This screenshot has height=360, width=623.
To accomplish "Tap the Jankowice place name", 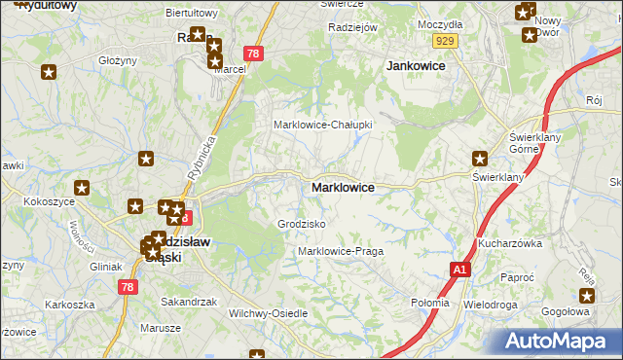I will click(x=416, y=66).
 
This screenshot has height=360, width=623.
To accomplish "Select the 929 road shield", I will click(x=446, y=40).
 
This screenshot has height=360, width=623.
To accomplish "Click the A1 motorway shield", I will click(x=458, y=269).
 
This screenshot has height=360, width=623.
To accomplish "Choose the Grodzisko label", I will click(x=301, y=224).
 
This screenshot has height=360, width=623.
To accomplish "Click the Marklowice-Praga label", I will click(x=340, y=251).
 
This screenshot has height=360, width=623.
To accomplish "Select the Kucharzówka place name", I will click(x=509, y=243).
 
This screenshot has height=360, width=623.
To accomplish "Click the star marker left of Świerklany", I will click(x=479, y=159).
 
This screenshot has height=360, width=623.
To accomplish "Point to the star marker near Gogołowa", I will click(x=587, y=297).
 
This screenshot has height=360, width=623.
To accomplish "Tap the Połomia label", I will click(x=430, y=303).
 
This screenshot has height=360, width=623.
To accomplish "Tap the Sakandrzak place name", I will click(x=188, y=302).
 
